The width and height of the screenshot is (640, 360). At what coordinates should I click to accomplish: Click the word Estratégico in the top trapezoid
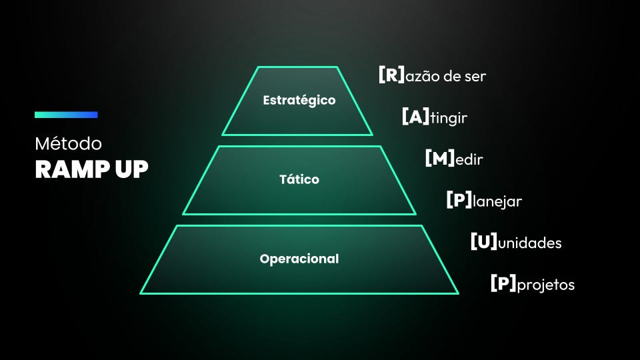point(299,101)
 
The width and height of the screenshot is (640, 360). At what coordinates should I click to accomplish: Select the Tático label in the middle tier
point(299,179)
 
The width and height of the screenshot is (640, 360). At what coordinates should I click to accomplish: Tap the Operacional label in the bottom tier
point(299,259)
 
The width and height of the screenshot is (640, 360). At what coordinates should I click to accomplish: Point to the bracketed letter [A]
point(415,117)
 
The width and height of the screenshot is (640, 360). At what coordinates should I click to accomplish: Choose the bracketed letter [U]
point(484,242)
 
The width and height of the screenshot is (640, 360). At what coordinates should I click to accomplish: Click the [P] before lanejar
point(459,201)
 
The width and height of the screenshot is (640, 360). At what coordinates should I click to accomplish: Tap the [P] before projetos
point(503,285)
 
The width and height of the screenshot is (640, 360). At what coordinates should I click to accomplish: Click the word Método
point(68,144)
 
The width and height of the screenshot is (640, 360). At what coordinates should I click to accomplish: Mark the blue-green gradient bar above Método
point(66,115)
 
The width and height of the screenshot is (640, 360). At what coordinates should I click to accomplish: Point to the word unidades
point(530,243)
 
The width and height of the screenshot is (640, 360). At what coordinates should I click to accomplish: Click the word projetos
point(545,285)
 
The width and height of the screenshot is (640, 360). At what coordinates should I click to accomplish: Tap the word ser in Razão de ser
point(475,77)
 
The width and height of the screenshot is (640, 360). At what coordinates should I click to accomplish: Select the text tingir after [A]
point(449,119)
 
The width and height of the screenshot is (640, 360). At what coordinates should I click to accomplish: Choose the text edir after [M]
point(469,160)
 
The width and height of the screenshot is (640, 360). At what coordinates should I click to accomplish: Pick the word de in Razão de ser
point(451,77)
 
